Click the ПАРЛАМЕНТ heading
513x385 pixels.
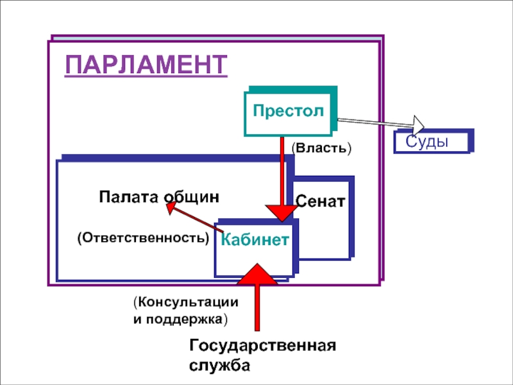(146, 66)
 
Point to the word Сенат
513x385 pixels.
(321, 201)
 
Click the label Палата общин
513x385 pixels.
(159, 196)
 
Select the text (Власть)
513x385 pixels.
(322, 148)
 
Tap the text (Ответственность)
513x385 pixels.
(144, 237)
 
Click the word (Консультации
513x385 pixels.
(186, 302)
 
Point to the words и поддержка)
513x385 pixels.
(181, 318)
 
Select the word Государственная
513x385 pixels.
(263, 346)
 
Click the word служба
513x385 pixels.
(219, 365)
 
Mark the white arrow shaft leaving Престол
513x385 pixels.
(375, 121)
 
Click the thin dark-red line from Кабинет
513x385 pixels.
(199, 219)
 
